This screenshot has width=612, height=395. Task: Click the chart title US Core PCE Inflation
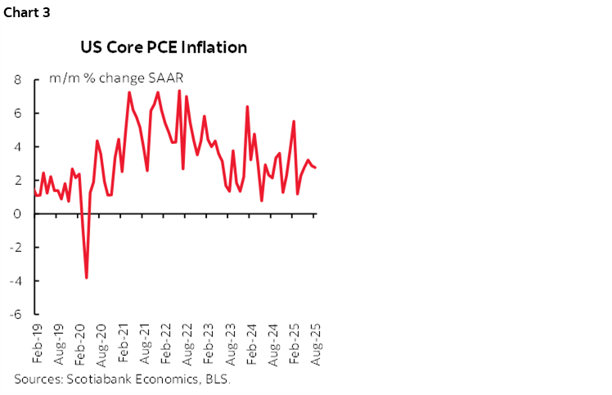click(x=164, y=47)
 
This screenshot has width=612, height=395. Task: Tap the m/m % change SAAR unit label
click(x=116, y=79)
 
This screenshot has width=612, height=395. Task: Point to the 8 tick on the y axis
click(x=17, y=80)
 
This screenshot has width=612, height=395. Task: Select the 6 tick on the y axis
click(x=17, y=114)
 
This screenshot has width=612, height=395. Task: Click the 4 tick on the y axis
click(x=17, y=147)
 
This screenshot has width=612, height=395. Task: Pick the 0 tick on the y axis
click(x=17, y=214)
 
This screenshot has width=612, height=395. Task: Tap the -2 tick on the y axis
click(x=15, y=248)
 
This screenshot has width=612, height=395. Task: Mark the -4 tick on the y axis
click(x=15, y=281)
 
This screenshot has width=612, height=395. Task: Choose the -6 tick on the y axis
click(x=15, y=315)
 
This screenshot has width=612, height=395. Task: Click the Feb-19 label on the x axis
click(x=36, y=343)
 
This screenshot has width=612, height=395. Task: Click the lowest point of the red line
click(x=87, y=278)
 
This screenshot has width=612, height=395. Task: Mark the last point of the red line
click(x=317, y=168)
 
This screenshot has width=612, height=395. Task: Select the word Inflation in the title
click(x=214, y=47)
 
